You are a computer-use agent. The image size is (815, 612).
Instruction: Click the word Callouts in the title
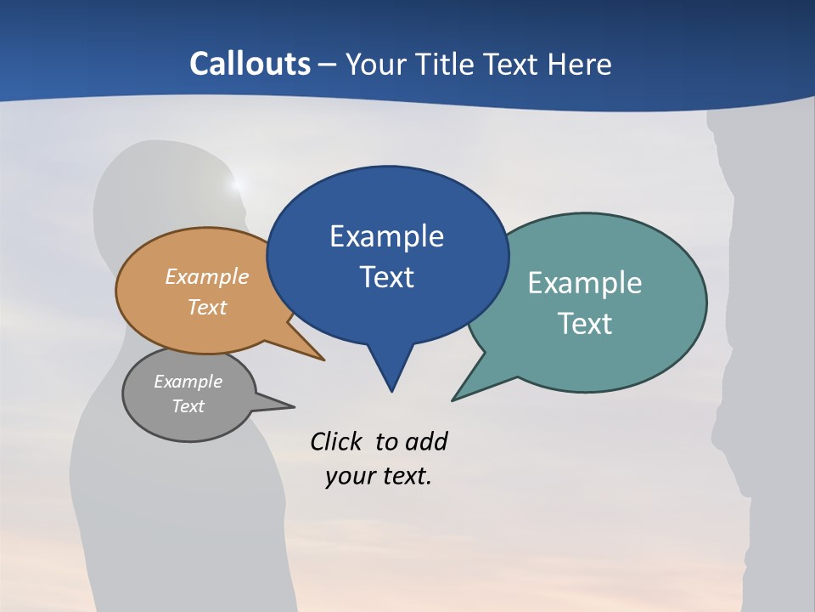coord(250,64)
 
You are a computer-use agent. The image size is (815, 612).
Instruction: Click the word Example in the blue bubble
coord(386,236)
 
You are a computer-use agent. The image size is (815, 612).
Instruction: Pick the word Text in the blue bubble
coord(386,277)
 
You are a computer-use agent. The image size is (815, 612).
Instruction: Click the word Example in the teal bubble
coord(584,283)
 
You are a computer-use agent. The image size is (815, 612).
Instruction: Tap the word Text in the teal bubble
coord(584,324)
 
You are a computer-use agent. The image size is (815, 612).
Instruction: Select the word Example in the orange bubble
coord(207,277)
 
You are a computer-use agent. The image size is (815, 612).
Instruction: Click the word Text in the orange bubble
coord(207,307)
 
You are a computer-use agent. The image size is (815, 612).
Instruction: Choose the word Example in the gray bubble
coord(188,382)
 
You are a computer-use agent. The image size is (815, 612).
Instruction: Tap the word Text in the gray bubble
coord(188,406)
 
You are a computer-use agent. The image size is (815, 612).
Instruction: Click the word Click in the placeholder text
coord(335,441)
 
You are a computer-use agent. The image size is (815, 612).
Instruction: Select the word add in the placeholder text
coord(426,441)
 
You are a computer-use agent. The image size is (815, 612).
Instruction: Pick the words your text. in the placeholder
coord(379,476)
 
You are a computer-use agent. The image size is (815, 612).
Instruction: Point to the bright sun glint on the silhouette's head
coord(237,183)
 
